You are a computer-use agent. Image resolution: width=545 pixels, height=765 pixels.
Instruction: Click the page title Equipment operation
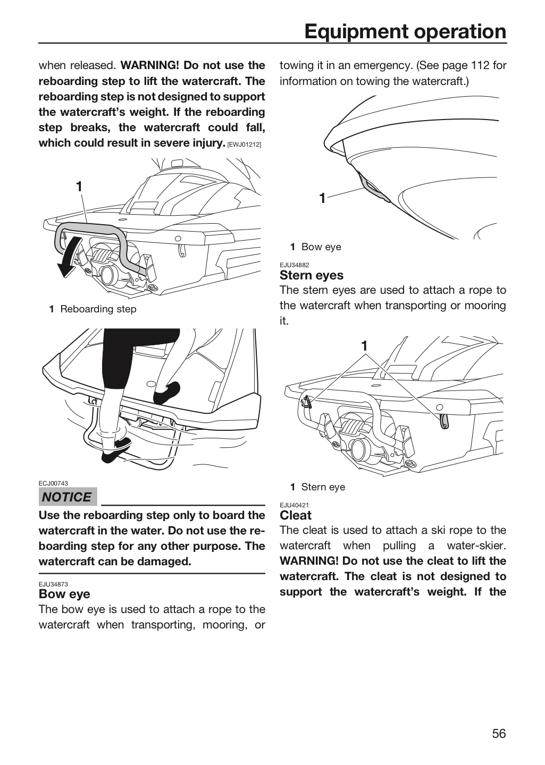405,32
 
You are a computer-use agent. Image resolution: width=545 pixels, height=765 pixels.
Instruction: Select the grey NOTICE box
68,497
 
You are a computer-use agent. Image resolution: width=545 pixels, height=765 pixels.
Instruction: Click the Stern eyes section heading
312,275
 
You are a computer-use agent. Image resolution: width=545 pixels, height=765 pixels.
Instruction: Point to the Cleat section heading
296,515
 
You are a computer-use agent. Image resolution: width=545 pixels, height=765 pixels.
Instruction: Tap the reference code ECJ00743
53,483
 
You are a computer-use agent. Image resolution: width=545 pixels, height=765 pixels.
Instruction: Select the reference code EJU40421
295,505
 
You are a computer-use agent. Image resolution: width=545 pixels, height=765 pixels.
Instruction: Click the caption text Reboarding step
98,309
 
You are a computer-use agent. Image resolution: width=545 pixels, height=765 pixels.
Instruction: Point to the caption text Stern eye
323,487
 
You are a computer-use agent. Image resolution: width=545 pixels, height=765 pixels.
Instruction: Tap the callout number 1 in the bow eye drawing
322,198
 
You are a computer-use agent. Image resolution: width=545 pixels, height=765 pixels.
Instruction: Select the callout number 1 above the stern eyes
364,346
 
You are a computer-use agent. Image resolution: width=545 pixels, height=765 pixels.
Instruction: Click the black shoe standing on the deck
167,393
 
